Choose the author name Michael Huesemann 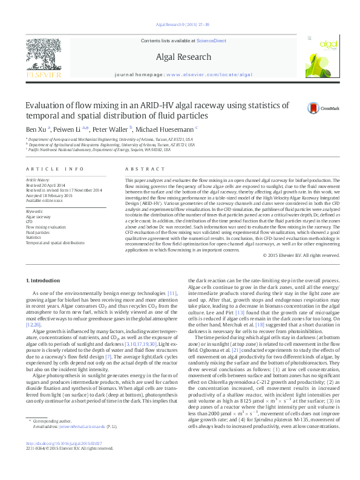click(x=166, y=129)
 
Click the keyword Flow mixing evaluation click(x=45, y=227)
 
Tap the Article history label click(x=38, y=180)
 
